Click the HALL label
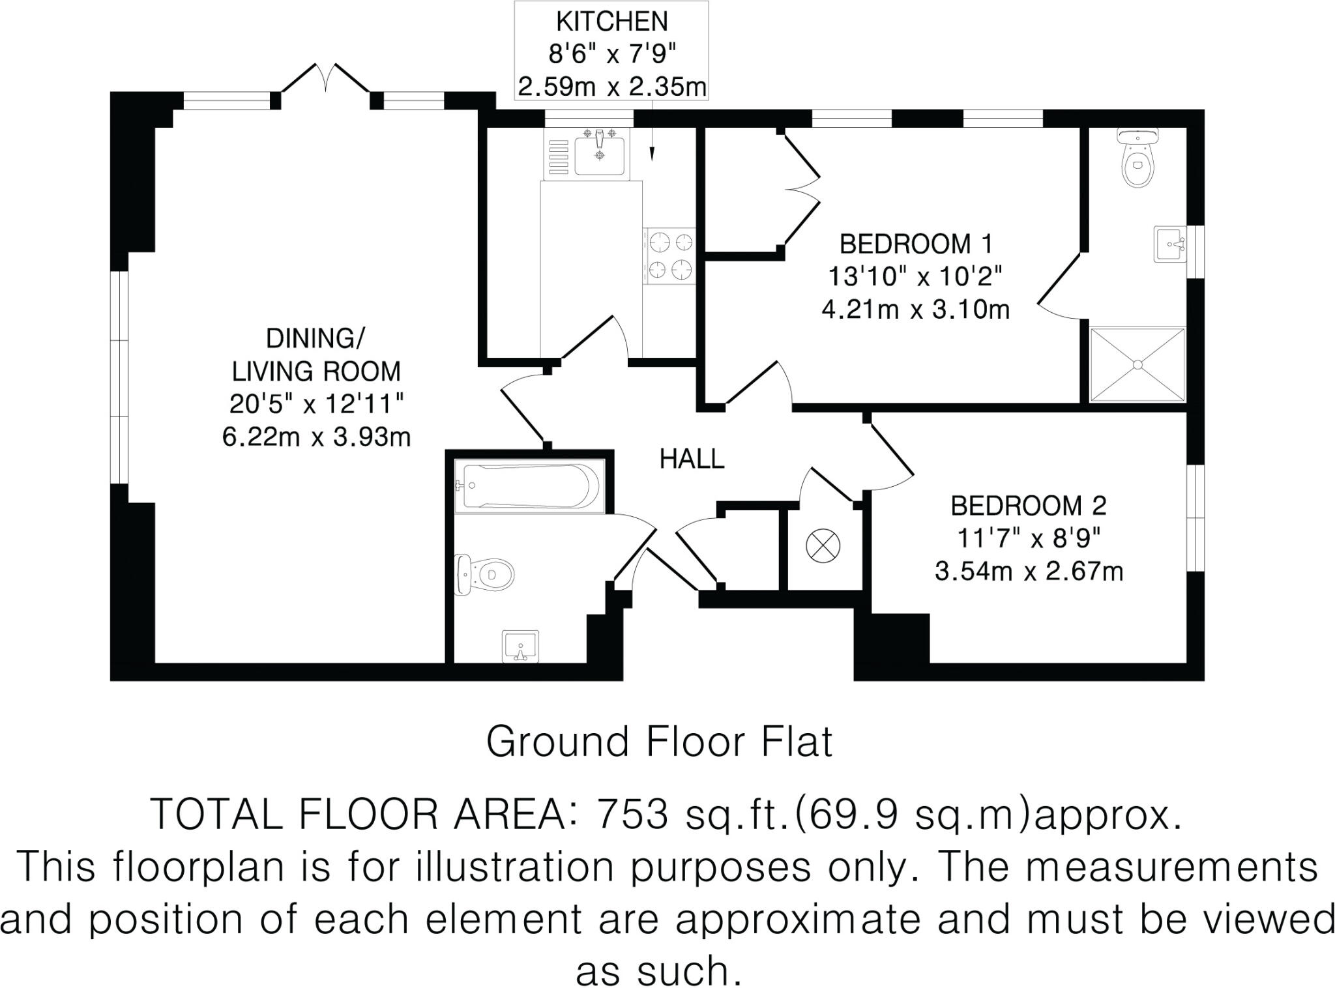(x=692, y=459)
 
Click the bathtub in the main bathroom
(x=528, y=486)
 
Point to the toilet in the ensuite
(x=1137, y=158)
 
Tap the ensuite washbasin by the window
(x=1169, y=244)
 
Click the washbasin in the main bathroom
(x=520, y=646)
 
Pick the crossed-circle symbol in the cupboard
(x=823, y=546)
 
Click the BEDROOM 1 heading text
(x=915, y=244)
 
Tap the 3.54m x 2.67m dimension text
(x=1029, y=572)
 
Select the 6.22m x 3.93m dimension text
(x=316, y=437)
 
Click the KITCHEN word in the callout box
(x=611, y=22)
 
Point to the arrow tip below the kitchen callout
(x=652, y=158)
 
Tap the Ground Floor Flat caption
(x=659, y=742)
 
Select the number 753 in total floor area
(x=633, y=814)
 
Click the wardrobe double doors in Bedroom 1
(x=802, y=189)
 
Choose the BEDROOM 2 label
(x=1028, y=506)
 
